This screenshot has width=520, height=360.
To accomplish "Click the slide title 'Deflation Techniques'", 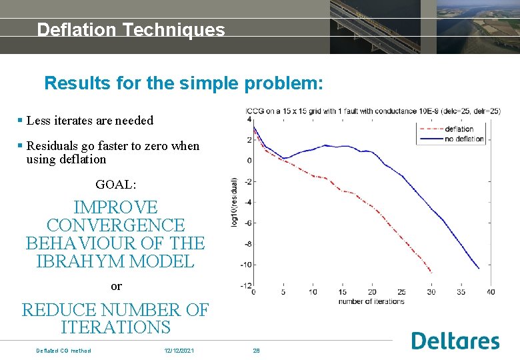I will point(131,30).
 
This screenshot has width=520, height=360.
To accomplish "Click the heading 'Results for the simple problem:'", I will point(183,83).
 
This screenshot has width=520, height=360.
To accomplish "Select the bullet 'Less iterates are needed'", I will point(89,121).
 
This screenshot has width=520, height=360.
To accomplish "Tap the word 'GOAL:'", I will point(116,184).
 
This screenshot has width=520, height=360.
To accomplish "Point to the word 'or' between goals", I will point(116,286).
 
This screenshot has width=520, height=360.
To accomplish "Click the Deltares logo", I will point(455,341).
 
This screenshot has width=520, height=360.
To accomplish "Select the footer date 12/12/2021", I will point(179,351).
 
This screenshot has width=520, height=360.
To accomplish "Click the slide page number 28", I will point(256,351).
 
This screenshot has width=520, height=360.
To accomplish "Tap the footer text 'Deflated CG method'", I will point(63,351).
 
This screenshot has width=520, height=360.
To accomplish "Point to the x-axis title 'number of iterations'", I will point(371,301).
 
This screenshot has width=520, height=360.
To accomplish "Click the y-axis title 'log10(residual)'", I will point(234,202).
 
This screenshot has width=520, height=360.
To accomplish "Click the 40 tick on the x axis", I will point(491,292).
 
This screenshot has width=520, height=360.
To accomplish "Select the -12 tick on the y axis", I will point(247,286).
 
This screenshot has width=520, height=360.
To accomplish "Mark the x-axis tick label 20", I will point(372,292).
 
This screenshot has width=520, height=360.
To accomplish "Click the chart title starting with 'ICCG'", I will point(373,111).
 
